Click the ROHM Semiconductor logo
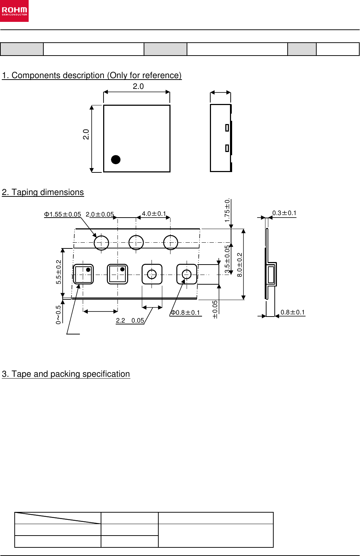[14, 11]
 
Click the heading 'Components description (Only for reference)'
[92, 75]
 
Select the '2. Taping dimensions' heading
[43, 192]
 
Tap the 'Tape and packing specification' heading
[66, 374]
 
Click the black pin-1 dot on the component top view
[116, 160]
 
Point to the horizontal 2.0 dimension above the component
[138, 86]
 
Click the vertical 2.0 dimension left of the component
[86, 134]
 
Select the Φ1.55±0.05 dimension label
[62, 214]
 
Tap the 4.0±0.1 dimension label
[154, 214]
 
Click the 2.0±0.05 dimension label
[100, 214]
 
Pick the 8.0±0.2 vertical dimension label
[240, 265]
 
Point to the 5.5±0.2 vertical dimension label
[59, 272]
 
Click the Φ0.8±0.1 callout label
[185, 313]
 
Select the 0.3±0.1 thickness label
[284, 213]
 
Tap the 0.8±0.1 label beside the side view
[293, 312]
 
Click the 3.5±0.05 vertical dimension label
[227, 259]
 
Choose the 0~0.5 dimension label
[58, 314]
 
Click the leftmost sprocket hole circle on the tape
[101, 243]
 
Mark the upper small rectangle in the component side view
[227, 127]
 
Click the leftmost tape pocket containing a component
[83, 274]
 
